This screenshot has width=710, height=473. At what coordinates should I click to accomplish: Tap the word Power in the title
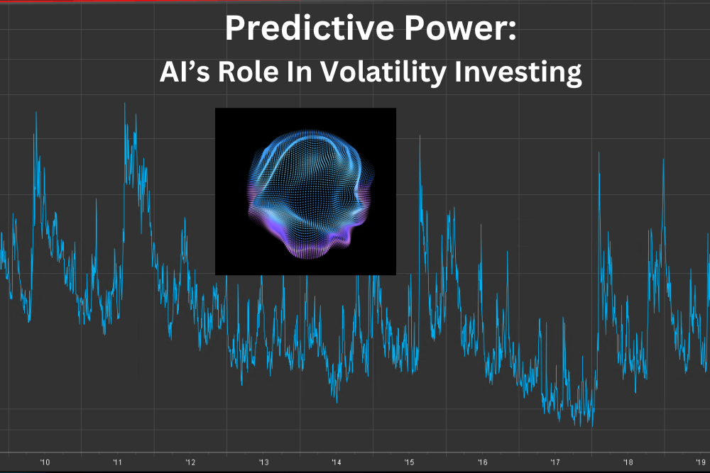[458, 29]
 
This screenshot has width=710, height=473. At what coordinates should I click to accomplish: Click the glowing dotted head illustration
[305, 191]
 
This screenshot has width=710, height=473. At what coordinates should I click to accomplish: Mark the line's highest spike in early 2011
[125, 104]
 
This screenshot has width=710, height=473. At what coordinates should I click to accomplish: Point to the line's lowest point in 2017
[591, 426]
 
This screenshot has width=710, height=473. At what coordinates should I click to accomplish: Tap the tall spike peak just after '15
[420, 135]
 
